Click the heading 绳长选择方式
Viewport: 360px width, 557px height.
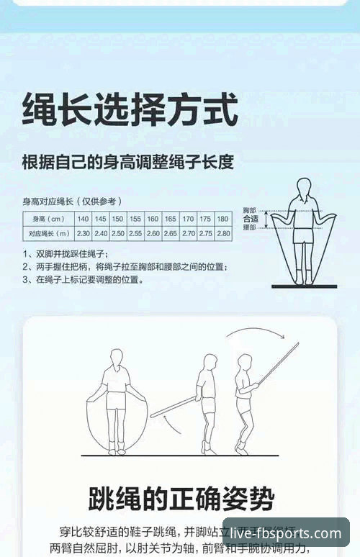(130, 109)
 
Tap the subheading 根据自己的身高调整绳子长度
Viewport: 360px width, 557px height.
(127, 162)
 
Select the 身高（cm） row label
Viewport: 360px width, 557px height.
(47, 218)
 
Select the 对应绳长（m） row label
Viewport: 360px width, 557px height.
(47, 234)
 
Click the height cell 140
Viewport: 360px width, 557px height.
(84, 218)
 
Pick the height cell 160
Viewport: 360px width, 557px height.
(153, 218)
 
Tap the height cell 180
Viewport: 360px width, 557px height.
(223, 218)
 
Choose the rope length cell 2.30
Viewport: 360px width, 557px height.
(84, 234)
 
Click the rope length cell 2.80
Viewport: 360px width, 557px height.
(223, 234)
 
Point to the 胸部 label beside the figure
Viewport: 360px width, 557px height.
(250, 209)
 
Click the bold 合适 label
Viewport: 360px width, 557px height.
(251, 218)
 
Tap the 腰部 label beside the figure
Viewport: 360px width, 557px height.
(250, 227)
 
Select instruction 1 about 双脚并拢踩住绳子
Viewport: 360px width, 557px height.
(66, 253)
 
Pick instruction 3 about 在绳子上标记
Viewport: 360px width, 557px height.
(83, 279)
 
